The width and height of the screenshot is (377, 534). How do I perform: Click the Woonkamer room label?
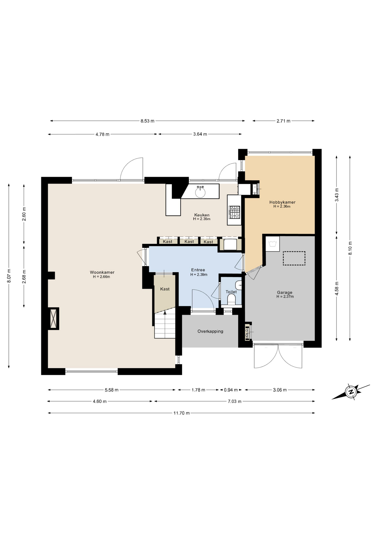[102, 272]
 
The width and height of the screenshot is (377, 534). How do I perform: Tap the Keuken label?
[202, 215]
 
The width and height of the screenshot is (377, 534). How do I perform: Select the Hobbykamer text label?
[282, 202]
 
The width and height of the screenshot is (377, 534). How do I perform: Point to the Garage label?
[285, 292]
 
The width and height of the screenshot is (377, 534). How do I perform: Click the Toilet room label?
[231, 292]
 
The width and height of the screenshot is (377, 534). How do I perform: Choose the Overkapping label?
[210, 331]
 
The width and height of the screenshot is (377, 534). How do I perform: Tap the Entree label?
[198, 270]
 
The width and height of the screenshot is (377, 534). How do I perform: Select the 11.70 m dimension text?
[182, 413]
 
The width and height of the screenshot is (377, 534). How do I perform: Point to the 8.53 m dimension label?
[147, 121]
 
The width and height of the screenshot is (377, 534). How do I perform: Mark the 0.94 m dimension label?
[231, 390]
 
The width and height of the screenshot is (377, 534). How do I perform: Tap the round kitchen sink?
[200, 192]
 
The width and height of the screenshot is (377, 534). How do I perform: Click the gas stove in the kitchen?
[234, 212]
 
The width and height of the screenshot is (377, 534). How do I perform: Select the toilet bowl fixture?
[231, 300]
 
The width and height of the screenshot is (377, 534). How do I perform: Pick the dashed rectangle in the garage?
[294, 258]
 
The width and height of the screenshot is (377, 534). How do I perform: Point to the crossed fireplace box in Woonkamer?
[53, 319]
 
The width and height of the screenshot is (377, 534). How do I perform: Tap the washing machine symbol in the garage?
[273, 244]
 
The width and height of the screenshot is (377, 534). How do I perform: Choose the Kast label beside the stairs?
[165, 289]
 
